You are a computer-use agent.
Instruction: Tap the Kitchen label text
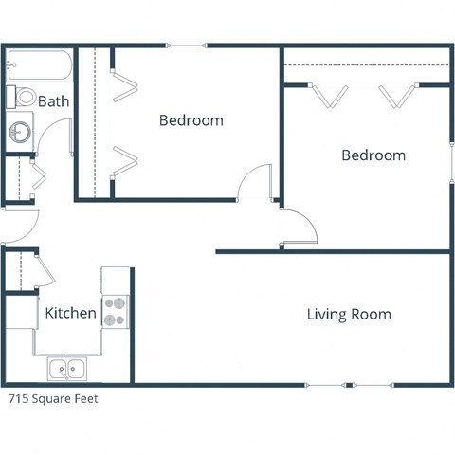pyautogui.click(x=70, y=313)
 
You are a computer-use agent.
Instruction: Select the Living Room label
pyautogui.click(x=349, y=314)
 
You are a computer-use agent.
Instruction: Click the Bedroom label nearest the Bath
pyautogui.click(x=191, y=120)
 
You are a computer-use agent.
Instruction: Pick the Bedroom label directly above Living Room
pyautogui.click(x=373, y=155)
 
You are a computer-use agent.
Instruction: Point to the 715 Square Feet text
pyautogui.click(x=53, y=399)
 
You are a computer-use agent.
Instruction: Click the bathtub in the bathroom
pyautogui.click(x=38, y=67)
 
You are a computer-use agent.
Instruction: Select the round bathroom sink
pyautogui.click(x=19, y=132)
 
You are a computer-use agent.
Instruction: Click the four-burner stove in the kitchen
pyautogui.click(x=115, y=312)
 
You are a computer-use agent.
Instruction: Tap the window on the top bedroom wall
pyautogui.click(x=186, y=45)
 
